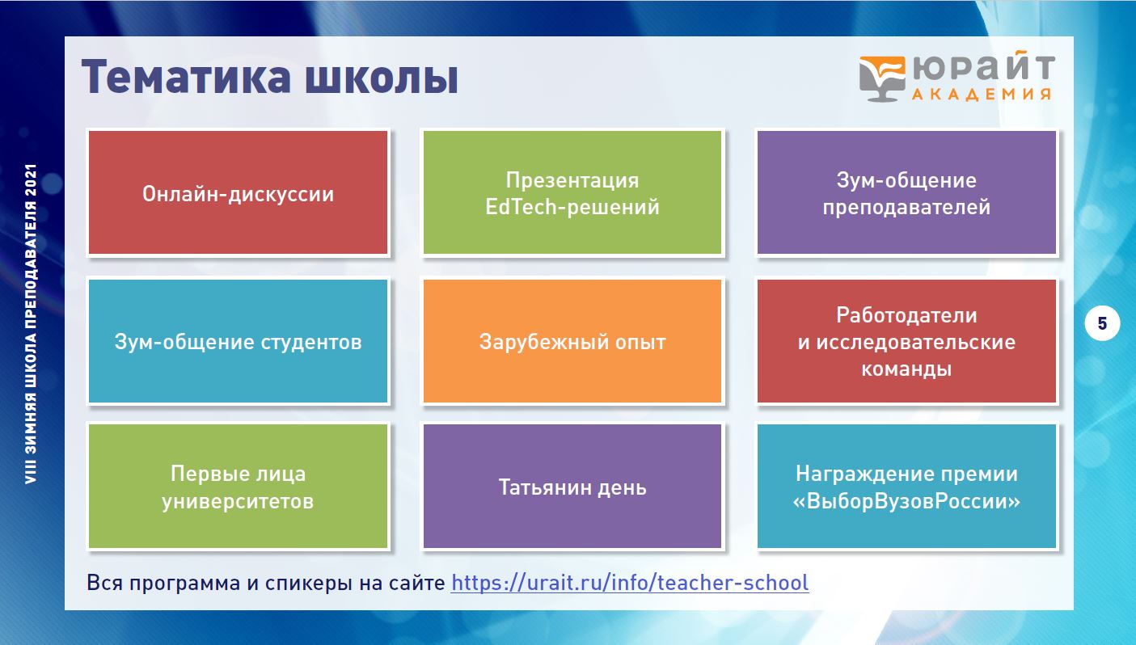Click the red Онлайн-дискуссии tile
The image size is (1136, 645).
tap(238, 192)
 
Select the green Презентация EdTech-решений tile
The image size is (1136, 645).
tap(572, 192)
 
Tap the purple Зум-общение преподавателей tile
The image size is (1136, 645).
tap(906, 192)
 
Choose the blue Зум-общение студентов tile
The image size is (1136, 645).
tap(238, 341)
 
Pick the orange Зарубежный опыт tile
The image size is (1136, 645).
tap(572, 341)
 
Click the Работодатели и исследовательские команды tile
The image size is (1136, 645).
tap(906, 341)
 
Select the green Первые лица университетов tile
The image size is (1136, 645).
tap(238, 487)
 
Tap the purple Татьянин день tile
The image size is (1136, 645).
tap(572, 487)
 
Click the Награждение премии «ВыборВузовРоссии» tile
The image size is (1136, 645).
tap(906, 487)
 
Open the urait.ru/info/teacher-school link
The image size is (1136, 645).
tap(630, 583)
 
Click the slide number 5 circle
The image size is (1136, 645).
tap(1102, 323)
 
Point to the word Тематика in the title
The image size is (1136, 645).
tap(186, 77)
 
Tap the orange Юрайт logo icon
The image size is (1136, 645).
tap(882, 78)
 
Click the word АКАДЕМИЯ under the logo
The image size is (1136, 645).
tap(982, 95)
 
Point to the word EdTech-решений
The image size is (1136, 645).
tap(572, 207)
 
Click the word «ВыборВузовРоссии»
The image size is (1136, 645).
tap(906, 501)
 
